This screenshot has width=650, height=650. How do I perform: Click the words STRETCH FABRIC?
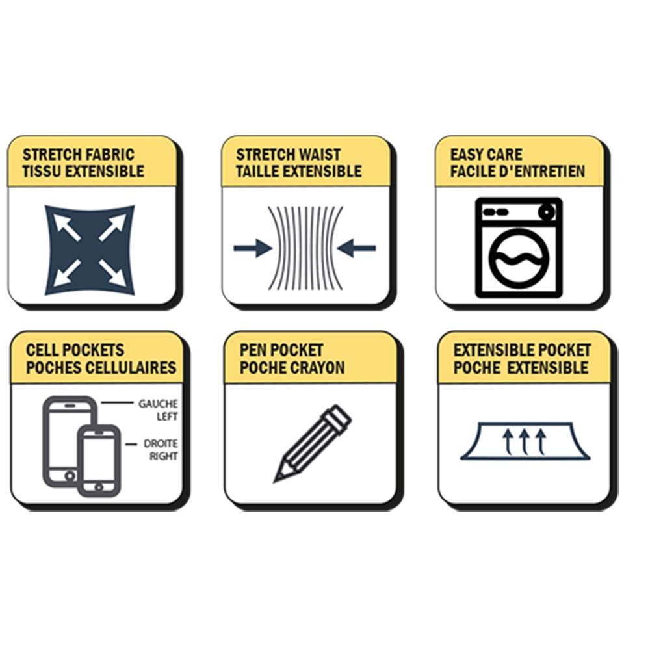pos(79,155)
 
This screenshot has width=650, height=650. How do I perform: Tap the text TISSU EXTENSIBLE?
pos(83,171)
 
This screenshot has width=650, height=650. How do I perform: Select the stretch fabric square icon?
pos(90,250)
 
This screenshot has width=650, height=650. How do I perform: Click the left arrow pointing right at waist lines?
pos(253,248)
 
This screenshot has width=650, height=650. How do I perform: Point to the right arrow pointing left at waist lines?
pos(356,248)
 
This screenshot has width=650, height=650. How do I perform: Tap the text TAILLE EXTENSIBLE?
pos(299,171)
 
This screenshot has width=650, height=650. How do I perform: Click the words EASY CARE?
pos(486,155)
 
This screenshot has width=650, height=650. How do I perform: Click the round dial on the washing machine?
pos(547,213)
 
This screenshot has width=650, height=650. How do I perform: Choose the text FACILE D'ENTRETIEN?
pos(518,171)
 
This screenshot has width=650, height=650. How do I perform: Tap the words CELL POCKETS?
pos(75,350)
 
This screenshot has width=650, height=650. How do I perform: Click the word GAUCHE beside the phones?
pos(158,404)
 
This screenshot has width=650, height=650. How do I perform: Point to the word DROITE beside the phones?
pos(161,443)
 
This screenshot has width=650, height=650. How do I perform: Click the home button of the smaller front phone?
pos(99,487)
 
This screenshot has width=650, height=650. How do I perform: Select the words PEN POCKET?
pos(281,350)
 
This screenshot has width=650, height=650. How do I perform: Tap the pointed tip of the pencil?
pos(275,481)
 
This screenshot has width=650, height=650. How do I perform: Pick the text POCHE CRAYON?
pos(292,368)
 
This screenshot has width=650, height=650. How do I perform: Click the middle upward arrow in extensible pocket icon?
pos(525,442)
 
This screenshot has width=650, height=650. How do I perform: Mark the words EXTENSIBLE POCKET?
pos(523,350)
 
